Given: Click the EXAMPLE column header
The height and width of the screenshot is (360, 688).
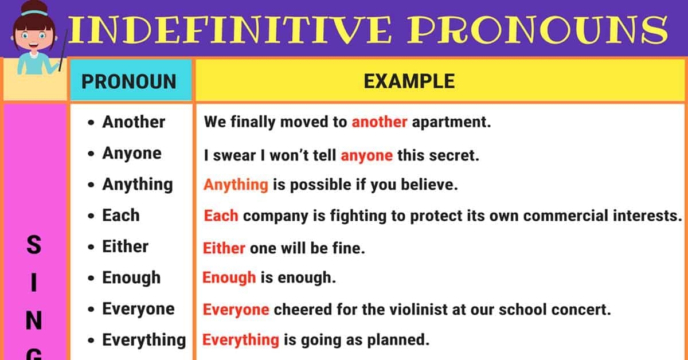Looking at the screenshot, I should point(409,81).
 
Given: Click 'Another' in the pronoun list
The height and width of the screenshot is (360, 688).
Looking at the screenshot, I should point(134,122).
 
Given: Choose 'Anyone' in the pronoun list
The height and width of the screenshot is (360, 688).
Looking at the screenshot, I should point(132,153).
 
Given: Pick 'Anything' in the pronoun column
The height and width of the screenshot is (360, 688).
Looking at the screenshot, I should point(137,185).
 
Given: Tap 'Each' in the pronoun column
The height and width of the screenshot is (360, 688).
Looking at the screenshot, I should point(120,216).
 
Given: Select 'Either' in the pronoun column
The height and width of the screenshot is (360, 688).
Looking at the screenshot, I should point(125,246).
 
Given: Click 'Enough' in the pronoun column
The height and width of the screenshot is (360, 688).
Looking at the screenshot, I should point(131,278).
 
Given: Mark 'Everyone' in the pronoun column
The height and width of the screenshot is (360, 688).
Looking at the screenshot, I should point(138,309).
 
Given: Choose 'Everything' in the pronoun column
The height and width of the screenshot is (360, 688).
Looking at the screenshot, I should point(144,340).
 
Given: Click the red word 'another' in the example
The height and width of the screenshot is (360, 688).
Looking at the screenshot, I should point(379,122).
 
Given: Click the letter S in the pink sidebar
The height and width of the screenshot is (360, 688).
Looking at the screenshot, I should point(34,246).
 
